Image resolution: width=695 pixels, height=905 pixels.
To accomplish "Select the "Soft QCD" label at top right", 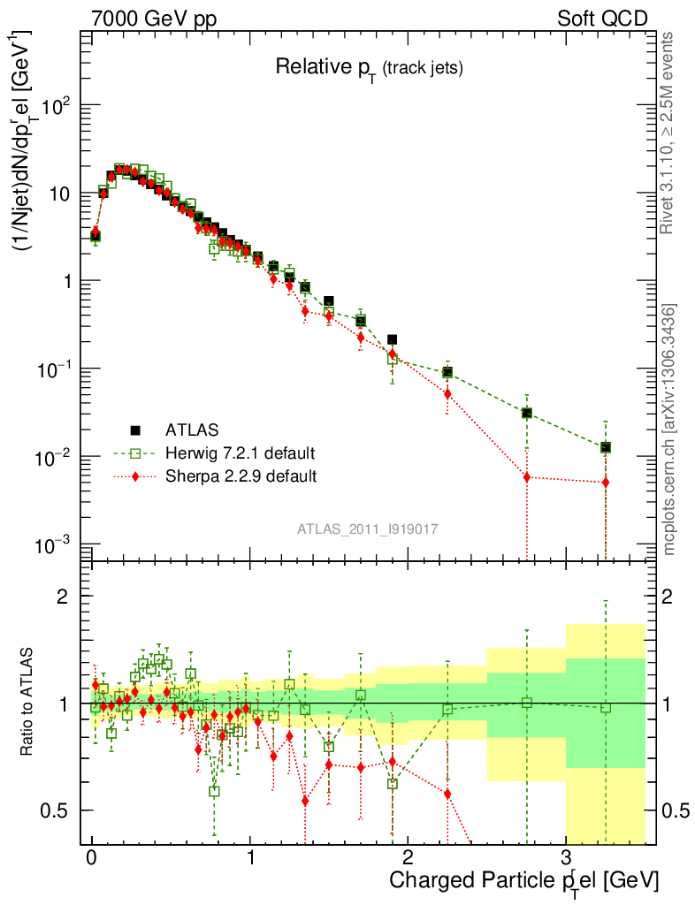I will click(x=602, y=19).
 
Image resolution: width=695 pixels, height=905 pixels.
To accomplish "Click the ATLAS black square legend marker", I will click(x=135, y=430).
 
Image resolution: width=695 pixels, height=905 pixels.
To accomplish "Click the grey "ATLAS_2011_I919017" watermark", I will click(x=368, y=528).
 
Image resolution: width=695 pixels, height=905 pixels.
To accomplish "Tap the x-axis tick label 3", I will click(x=566, y=856).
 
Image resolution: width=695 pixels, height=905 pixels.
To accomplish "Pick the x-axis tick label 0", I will click(x=92, y=856).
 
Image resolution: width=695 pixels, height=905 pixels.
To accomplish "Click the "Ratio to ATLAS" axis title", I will click(x=29, y=703).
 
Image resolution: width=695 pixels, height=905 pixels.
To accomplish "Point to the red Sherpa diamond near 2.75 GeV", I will click(x=527, y=477).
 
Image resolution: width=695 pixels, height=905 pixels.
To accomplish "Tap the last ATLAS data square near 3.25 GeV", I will click(x=606, y=448).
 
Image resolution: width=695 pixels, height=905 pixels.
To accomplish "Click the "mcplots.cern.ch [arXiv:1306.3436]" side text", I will click(x=669, y=430).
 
